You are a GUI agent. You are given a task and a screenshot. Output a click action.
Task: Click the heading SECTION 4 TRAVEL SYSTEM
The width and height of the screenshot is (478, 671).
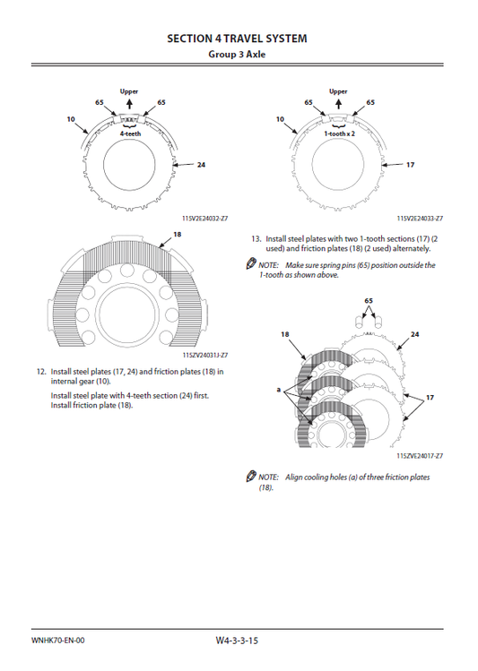(x=237, y=39)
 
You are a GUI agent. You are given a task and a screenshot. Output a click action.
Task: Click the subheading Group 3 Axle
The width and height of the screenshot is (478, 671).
(x=237, y=55)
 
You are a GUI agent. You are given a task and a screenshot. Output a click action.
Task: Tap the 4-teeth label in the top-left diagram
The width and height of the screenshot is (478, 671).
(x=130, y=133)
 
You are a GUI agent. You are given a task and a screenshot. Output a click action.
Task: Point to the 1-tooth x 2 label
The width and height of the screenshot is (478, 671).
(x=339, y=133)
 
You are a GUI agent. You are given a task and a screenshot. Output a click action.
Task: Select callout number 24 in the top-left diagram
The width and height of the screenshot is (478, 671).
(x=201, y=164)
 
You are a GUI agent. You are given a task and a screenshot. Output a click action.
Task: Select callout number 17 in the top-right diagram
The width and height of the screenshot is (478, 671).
(x=410, y=164)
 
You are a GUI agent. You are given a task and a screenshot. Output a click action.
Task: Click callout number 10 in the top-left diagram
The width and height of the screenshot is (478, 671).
(x=71, y=119)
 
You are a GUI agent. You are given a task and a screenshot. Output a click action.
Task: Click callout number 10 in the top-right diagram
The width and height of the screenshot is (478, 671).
(x=280, y=119)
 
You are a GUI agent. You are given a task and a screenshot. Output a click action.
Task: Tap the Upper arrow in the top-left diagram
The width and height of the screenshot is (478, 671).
(x=129, y=105)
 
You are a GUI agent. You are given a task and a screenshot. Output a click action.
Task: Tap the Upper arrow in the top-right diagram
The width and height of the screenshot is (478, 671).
(x=338, y=105)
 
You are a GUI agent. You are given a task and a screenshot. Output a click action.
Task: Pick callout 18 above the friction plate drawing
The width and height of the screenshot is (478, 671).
(x=177, y=234)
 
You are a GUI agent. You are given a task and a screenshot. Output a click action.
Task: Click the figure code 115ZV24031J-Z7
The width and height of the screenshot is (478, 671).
(x=205, y=355)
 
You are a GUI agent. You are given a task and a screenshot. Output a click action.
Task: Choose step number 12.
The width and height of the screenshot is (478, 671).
(x=41, y=372)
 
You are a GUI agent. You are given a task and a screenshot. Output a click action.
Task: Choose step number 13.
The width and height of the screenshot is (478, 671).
(x=256, y=239)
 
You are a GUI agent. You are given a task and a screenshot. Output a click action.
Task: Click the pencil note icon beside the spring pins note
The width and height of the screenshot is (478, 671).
(x=251, y=264)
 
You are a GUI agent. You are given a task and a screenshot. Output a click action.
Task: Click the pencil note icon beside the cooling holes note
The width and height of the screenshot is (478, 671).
(x=251, y=476)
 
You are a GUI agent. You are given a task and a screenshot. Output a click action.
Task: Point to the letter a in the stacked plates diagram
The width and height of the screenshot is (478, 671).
(x=278, y=390)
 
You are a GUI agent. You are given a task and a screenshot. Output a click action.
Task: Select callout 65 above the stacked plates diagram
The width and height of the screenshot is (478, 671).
(x=369, y=301)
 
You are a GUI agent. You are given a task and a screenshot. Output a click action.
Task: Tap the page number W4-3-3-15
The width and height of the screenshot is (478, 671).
(x=237, y=641)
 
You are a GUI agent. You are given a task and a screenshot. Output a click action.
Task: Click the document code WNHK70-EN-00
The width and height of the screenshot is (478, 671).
(x=57, y=641)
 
